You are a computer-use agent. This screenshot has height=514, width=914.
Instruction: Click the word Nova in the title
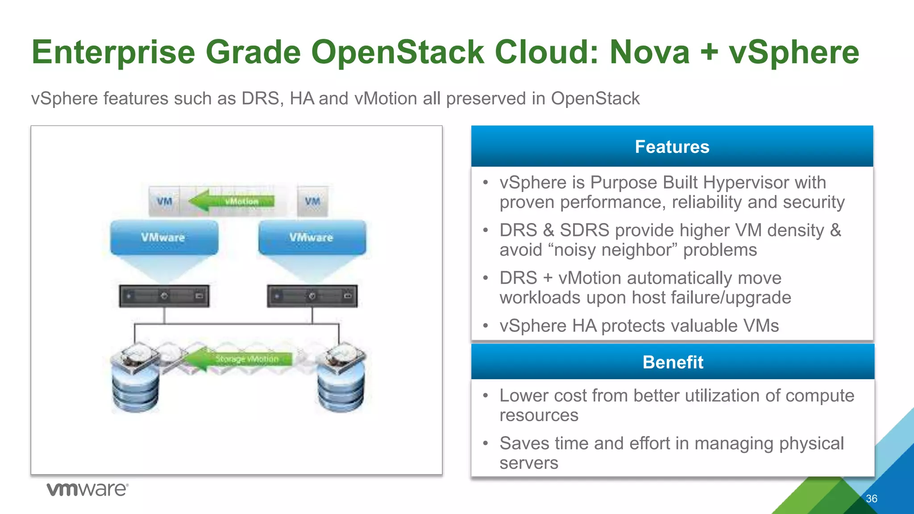click(649, 52)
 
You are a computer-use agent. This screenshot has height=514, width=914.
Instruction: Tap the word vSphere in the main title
click(794, 52)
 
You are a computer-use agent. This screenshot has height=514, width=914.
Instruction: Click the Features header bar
click(672, 146)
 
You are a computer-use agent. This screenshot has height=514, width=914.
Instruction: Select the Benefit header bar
click(673, 362)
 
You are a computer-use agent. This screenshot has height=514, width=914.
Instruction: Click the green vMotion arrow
click(232, 201)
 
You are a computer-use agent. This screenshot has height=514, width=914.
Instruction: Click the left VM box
click(164, 202)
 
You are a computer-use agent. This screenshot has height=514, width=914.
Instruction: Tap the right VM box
click(312, 202)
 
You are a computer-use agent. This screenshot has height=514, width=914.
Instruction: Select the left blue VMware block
click(164, 238)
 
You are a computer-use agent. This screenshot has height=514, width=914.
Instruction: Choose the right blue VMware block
click(312, 238)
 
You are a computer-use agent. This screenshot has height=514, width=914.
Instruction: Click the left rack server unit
click(164, 296)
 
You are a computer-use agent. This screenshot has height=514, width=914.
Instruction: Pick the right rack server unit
click(312, 296)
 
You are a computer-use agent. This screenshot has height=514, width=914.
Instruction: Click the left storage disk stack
click(135, 379)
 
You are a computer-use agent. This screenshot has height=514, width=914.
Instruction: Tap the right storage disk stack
click(341, 379)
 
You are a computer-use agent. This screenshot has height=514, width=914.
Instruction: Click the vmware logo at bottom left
click(87, 489)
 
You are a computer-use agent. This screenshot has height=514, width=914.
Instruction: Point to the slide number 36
click(871, 499)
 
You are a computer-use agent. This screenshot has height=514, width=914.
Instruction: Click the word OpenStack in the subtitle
click(595, 99)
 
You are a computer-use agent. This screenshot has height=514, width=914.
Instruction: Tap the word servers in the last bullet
click(528, 463)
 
